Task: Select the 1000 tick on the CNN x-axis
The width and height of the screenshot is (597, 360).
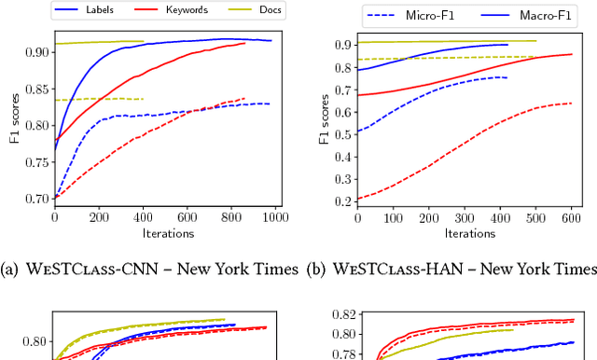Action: point(274,217)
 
